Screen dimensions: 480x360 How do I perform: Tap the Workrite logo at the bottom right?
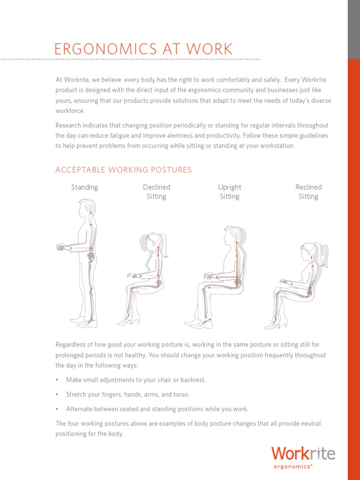point(303,454)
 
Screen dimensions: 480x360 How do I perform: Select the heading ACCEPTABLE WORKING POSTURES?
point(123,170)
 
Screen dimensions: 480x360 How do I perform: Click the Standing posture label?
point(84,187)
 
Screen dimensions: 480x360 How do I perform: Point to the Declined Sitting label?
point(157,192)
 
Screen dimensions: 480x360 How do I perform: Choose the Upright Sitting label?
point(230,192)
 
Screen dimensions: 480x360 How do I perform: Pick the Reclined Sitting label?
point(308,192)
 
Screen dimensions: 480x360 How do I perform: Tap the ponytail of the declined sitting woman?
point(164,245)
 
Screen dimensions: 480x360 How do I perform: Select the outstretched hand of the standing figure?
point(61,246)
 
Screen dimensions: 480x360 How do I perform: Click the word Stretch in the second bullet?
point(76,394)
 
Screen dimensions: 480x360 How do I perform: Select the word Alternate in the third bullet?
point(80,409)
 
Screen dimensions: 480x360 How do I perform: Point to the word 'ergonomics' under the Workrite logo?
point(292,466)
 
